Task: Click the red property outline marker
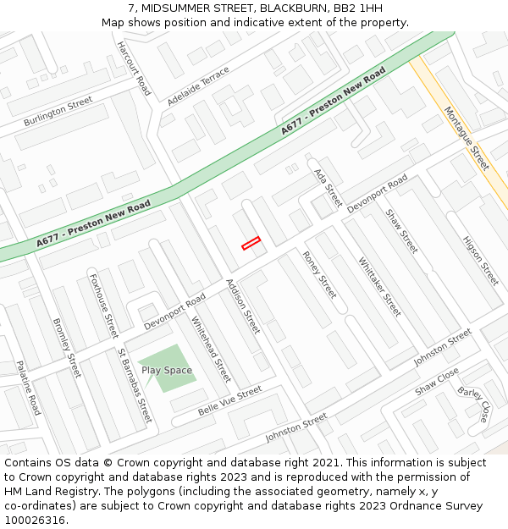(x=251, y=243)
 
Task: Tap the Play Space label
(x=167, y=371)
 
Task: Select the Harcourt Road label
(x=134, y=68)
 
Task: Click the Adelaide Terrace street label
(x=199, y=85)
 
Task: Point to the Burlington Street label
(x=58, y=112)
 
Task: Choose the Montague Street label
(x=467, y=138)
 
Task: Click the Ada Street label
(x=328, y=188)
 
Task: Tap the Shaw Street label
(x=401, y=231)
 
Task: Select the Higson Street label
(x=480, y=260)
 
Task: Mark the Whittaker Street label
(x=379, y=287)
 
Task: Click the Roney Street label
(x=319, y=274)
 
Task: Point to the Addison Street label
(x=243, y=306)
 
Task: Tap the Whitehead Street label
(x=211, y=349)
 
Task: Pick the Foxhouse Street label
(x=103, y=305)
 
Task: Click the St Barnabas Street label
(x=135, y=385)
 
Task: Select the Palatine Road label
(x=28, y=388)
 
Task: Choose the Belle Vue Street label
(x=230, y=400)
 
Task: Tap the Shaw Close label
(x=437, y=381)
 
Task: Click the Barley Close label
(x=473, y=405)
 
